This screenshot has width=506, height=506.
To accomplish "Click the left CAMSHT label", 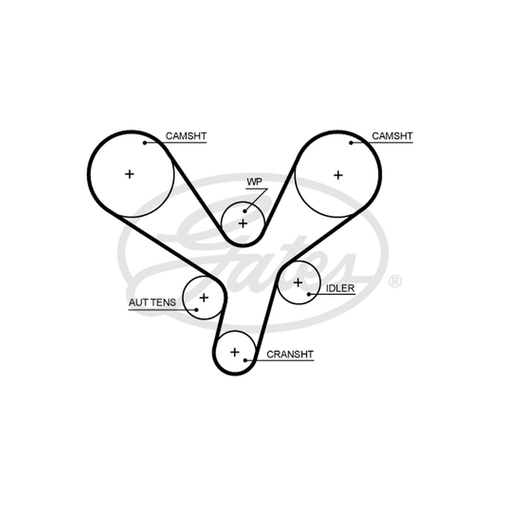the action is pos(186,136).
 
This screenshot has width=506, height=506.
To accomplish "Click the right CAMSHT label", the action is pos(392,136).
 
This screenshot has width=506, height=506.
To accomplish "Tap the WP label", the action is pos(254,182).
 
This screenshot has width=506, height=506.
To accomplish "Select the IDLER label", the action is pos(340,288).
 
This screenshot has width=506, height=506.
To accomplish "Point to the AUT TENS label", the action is pos(152,302).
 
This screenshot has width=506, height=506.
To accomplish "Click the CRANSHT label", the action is pos(290,354).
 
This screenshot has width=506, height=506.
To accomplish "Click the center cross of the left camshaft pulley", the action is pos(130,175).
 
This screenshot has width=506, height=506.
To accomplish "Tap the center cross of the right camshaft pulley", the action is pos(338,175).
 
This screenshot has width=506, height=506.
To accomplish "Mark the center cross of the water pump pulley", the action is pos(243,223).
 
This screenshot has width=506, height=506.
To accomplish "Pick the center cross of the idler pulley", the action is pos(298,283).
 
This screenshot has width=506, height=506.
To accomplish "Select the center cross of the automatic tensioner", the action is pos(204,297).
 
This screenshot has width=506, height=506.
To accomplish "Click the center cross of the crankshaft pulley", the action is pos(235,352).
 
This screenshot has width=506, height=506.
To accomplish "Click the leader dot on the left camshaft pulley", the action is pos(145,143).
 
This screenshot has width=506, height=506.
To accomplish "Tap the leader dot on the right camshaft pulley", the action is pos(351,143).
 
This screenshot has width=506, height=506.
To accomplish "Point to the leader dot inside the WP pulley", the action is pos(245,211).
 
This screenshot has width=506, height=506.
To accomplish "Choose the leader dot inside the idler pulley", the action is pos(309,294).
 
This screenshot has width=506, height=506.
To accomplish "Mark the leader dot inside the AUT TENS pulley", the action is pos(196,310).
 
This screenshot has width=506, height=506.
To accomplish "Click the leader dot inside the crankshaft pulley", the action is pos(245,360).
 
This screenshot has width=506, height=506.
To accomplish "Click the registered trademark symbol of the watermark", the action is pos(395,281).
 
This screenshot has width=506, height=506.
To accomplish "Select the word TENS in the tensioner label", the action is pos(164,302).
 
